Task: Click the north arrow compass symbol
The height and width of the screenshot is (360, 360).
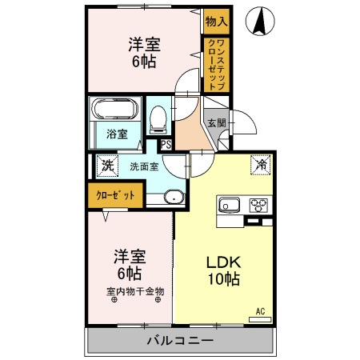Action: (x=260, y=21)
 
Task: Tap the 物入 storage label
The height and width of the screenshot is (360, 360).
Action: (x=217, y=21)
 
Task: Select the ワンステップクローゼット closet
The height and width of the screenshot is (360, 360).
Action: (x=217, y=65)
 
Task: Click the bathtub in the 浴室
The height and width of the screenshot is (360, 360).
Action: (x=114, y=109)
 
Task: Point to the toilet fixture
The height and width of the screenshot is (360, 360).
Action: (x=158, y=119)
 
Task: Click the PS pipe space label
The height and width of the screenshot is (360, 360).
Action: (x=166, y=145)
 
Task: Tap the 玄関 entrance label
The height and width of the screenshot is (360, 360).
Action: (x=217, y=123)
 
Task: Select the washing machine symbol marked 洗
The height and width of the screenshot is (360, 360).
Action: (x=107, y=166)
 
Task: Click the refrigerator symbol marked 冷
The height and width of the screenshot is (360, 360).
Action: (x=261, y=165)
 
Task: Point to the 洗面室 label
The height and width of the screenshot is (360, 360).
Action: (x=144, y=166)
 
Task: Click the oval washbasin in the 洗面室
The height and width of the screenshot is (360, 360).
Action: (x=174, y=198)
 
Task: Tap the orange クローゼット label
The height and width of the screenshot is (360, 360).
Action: (x=115, y=195)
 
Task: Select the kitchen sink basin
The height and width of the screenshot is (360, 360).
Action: (x=229, y=205)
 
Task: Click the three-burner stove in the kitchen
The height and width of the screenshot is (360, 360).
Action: (x=258, y=206)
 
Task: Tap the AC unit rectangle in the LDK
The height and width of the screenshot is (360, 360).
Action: (x=260, y=319)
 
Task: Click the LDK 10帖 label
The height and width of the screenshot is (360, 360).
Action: (x=224, y=270)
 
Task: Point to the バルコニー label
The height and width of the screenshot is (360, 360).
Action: (x=181, y=341)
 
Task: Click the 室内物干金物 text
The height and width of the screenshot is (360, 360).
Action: (x=135, y=291)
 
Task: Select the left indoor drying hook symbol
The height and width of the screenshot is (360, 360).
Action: (x=114, y=300)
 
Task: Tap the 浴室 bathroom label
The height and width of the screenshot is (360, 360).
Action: (x=117, y=134)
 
